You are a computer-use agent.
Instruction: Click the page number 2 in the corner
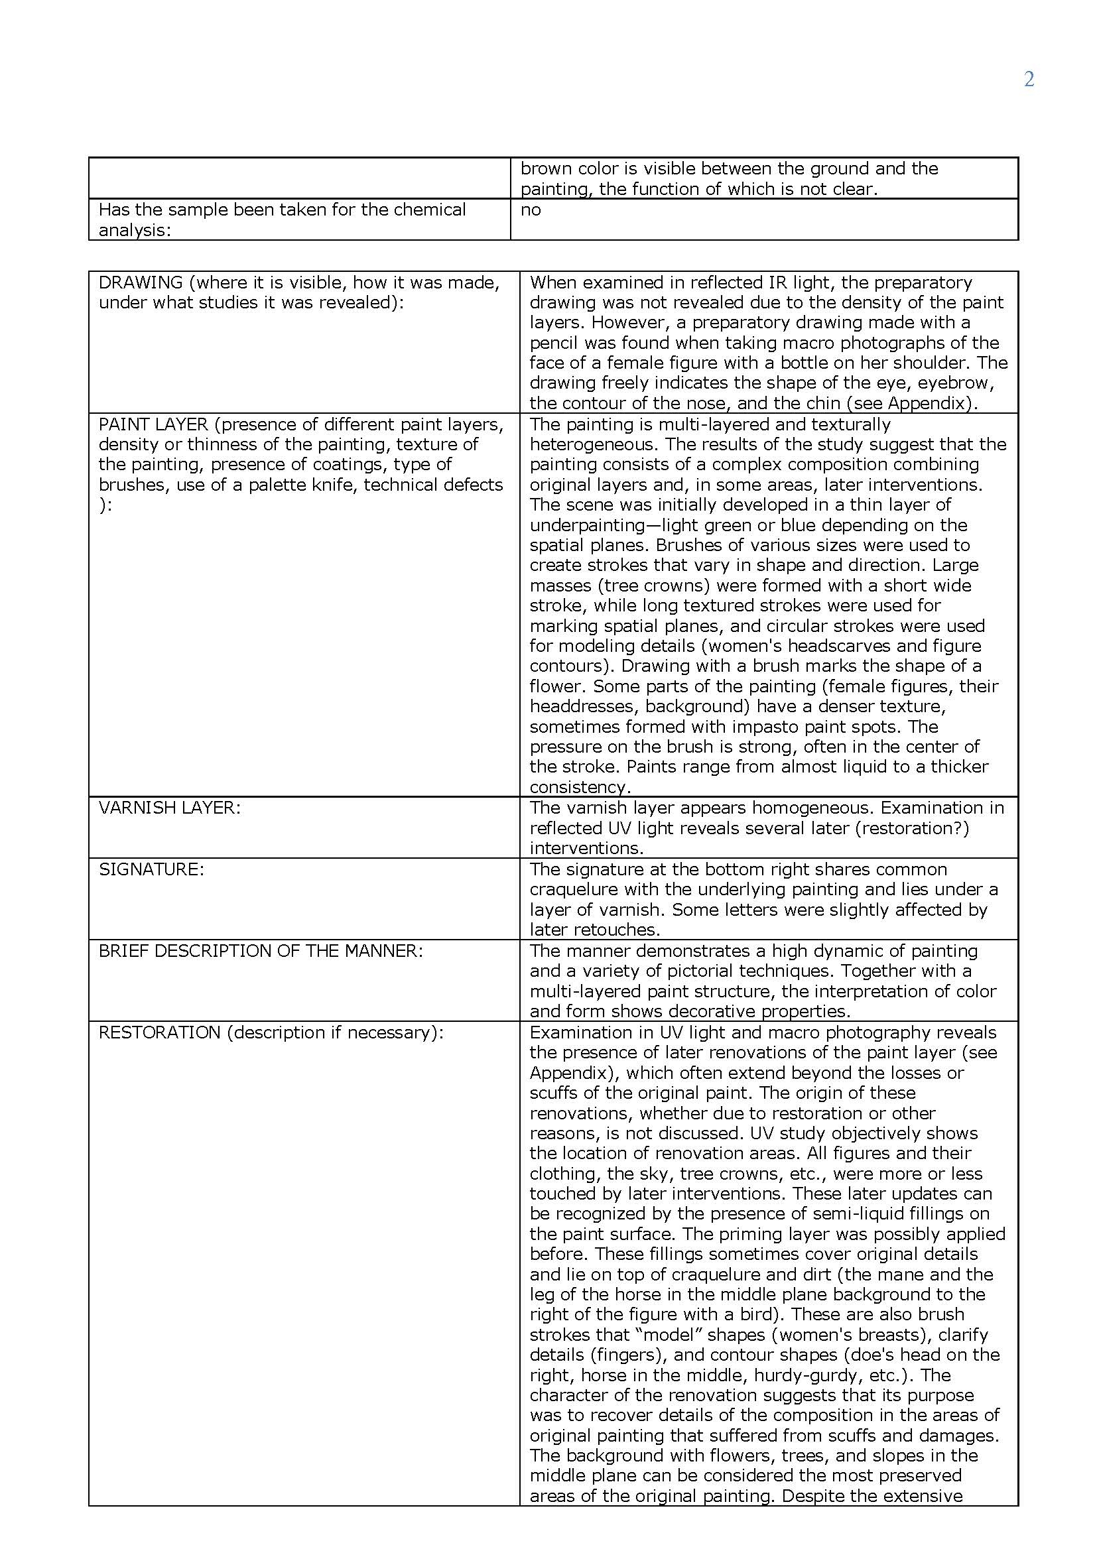coord(1029,80)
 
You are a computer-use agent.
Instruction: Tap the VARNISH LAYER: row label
coord(170,808)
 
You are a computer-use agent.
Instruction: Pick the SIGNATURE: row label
coord(151,869)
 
